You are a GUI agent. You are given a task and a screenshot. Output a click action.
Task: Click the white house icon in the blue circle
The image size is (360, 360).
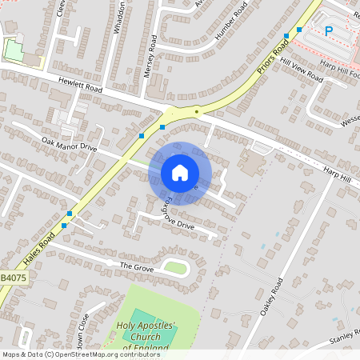tap(180, 172)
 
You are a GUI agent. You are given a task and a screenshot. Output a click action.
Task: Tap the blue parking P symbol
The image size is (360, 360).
tap(328, 31)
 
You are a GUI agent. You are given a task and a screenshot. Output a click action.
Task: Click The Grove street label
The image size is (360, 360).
tap(135, 266)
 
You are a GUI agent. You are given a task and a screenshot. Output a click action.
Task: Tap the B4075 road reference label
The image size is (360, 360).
tap(12, 278)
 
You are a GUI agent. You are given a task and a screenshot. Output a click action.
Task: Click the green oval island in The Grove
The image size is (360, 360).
tap(177, 268)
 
